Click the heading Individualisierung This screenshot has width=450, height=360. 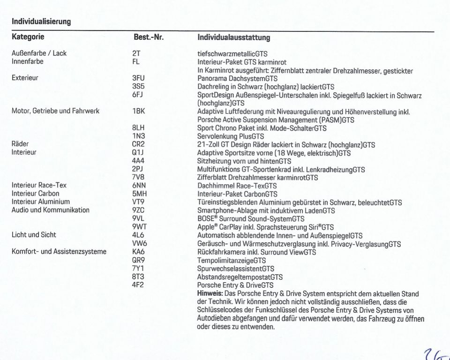[x=41, y=21]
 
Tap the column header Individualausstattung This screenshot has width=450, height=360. [x=233, y=37]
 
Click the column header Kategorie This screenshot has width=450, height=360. [x=28, y=37]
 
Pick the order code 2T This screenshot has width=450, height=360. [x=136, y=53]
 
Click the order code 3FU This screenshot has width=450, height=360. [x=138, y=78]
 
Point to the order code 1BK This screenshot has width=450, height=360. [x=138, y=112]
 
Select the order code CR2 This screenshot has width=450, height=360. [x=138, y=144]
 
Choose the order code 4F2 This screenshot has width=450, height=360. [x=137, y=285]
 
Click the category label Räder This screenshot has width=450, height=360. [x=20, y=144]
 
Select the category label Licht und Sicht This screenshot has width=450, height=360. [x=34, y=235]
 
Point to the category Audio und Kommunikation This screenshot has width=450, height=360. [x=51, y=210]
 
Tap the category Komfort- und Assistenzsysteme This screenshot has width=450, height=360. [x=59, y=251]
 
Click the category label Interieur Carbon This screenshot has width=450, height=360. [x=36, y=194]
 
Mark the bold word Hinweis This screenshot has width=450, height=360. [x=210, y=293]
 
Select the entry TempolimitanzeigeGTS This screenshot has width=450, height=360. [x=232, y=260]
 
